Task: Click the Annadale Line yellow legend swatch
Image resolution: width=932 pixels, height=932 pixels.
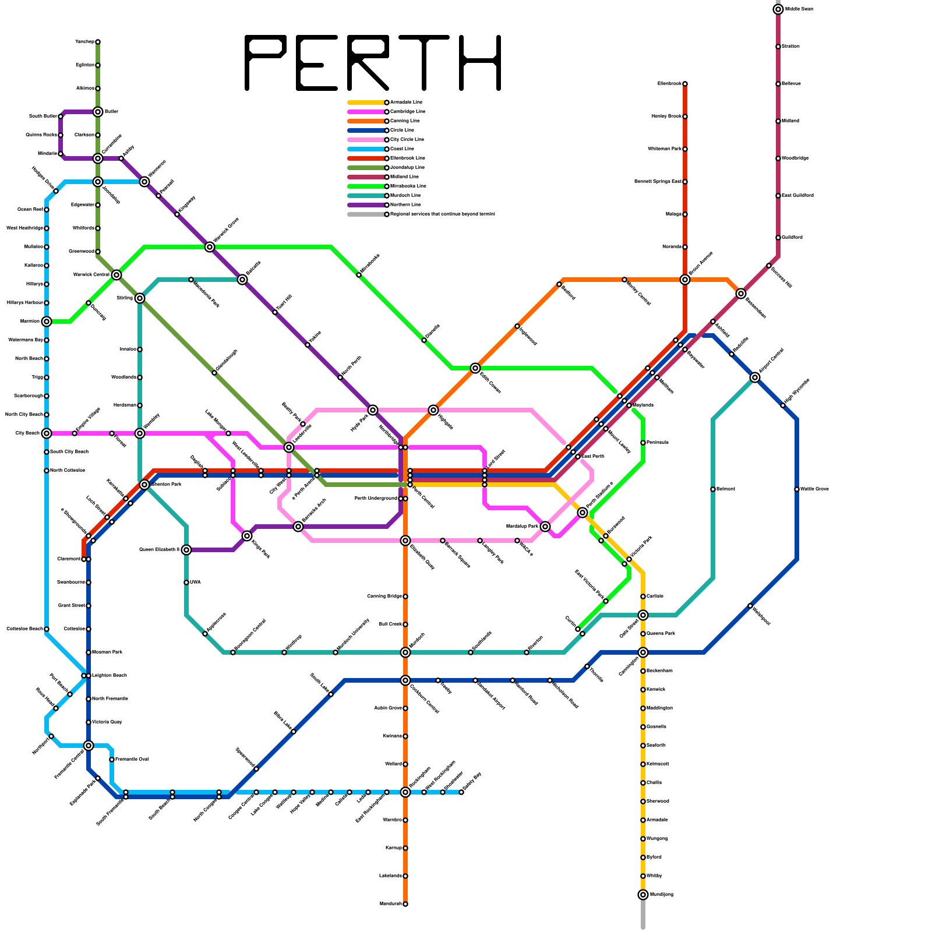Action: click(366, 103)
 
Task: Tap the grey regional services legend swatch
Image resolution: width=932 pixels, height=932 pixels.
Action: click(366, 214)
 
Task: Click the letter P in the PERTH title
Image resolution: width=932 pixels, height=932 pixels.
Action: click(265, 63)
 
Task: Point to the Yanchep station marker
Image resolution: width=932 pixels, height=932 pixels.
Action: click(98, 42)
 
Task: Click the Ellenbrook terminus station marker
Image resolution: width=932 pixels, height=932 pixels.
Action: click(685, 84)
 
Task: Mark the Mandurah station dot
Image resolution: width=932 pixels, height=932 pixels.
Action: click(405, 904)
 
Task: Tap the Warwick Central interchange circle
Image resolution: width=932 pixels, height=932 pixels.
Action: click(116, 275)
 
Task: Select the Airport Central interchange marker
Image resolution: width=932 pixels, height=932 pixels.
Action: click(755, 377)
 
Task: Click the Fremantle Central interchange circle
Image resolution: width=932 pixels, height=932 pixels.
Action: click(89, 746)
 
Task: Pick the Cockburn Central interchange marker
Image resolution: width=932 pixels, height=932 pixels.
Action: click(405, 680)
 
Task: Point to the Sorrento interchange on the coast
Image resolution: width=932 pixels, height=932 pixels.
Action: click(47, 322)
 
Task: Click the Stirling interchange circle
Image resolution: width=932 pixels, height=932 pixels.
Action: click(140, 298)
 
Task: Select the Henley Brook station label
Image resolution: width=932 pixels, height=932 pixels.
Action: click(666, 116)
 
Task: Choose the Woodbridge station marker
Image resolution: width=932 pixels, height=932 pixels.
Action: click(778, 158)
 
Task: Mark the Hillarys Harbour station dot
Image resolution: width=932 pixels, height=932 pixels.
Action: click(47, 303)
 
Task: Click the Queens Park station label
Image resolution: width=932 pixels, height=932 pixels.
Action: click(661, 634)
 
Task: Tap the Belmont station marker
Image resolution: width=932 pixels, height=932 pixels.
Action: click(713, 489)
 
